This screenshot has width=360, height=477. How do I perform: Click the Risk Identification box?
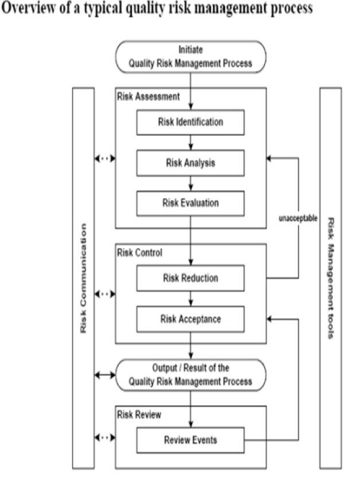point(190,122)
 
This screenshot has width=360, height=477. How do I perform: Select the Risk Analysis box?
point(190,163)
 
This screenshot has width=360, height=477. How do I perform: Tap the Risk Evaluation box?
point(190,203)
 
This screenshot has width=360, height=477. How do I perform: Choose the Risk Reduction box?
point(190,278)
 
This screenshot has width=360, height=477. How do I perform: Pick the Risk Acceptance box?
point(190,318)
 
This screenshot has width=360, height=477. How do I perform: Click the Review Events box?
point(190,441)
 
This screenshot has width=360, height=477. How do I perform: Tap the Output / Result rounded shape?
point(189,374)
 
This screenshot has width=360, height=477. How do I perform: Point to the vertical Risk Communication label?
point(84,278)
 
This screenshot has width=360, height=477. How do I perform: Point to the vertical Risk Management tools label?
point(330,278)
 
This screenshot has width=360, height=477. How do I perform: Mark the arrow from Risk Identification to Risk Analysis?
point(190,143)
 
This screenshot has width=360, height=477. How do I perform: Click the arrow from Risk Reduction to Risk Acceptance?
point(190,298)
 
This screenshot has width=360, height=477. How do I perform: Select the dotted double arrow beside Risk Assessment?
point(104,158)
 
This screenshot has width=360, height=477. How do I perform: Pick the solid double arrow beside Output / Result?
point(104,375)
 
